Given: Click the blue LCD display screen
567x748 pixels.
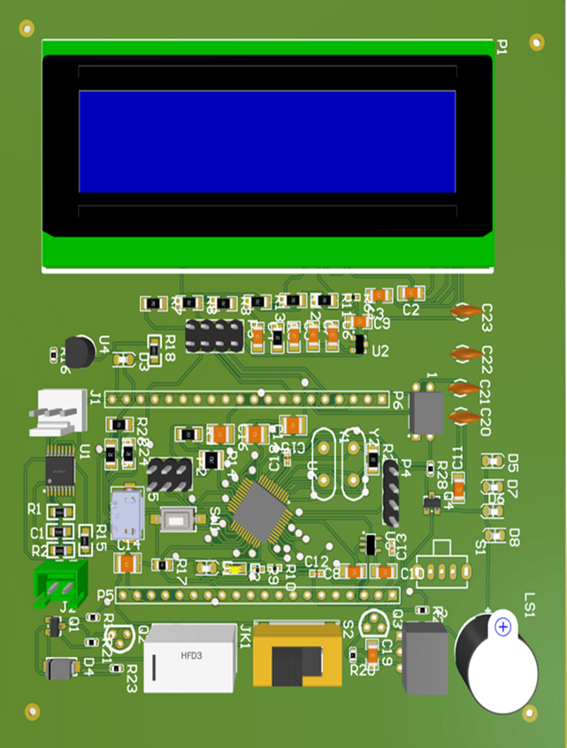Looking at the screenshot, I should tap(267, 141).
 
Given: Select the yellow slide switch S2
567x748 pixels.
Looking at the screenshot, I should tap(296, 653).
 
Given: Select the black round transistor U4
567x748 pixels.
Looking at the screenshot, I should tap(80, 351).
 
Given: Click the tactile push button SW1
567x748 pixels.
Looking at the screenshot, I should tap(180, 521).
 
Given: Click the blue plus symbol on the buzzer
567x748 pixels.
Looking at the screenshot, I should tap(503, 627).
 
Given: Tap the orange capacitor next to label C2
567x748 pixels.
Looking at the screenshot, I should tap(409, 292).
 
